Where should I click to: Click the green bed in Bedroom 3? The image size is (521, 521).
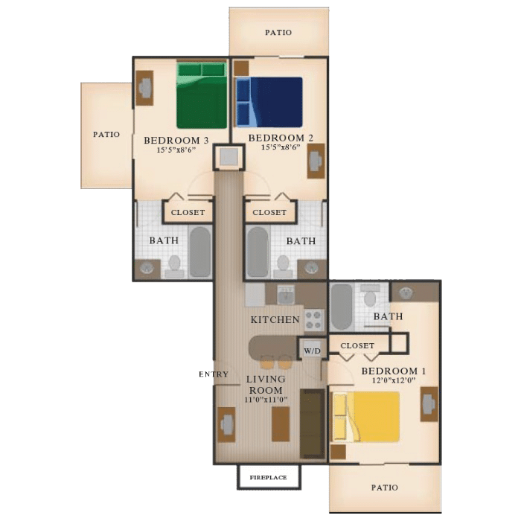(202, 95)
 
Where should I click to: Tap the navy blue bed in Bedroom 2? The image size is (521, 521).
(269, 102)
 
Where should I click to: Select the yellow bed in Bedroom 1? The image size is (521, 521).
(366, 417)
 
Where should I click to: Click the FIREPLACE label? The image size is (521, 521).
(268, 478)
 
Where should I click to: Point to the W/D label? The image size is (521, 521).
(313, 351)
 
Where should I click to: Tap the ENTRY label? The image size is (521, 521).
(214, 374)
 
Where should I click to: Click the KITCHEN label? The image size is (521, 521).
(275, 319)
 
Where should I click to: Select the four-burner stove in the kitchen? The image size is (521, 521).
(314, 319)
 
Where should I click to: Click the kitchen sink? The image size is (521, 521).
(286, 295)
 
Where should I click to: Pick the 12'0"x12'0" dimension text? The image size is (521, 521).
(394, 380)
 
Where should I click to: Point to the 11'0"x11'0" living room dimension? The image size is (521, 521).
(266, 400)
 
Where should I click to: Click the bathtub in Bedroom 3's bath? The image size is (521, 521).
(200, 252)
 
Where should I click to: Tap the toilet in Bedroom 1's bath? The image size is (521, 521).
(369, 296)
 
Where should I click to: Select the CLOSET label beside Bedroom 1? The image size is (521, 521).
(357, 345)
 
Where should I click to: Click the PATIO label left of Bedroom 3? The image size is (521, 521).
(106, 134)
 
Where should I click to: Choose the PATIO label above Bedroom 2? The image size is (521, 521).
(278, 32)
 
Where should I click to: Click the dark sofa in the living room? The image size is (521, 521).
(313, 424)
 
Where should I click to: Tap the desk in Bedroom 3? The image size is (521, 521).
(144, 88)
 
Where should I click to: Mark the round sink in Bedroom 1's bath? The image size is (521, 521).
(406, 293)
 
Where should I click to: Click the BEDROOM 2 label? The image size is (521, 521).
(281, 138)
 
